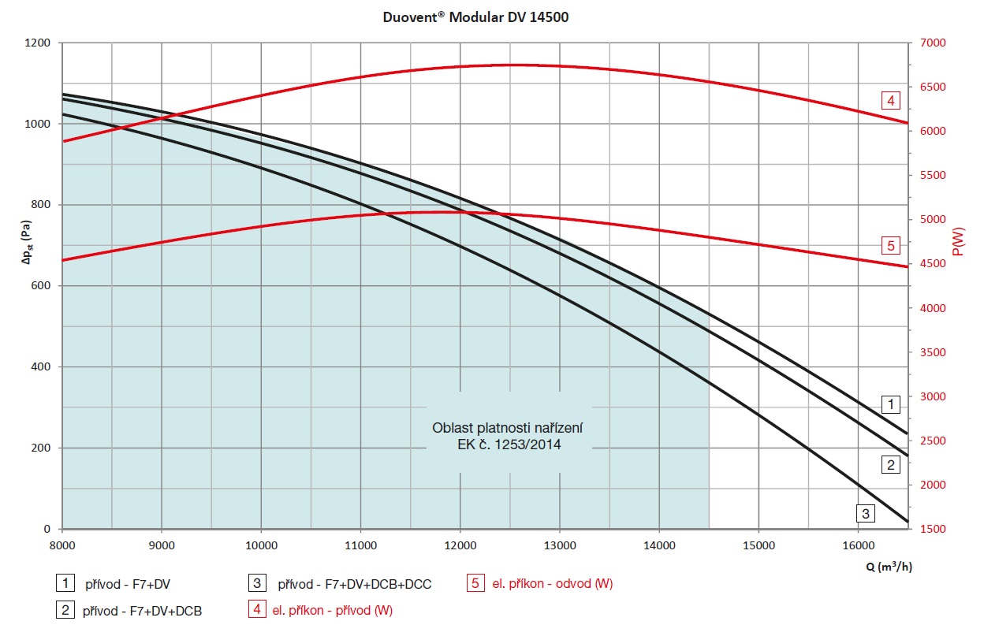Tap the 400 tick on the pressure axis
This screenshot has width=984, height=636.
tap(43, 367)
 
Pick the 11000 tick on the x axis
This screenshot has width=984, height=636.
tap(360, 544)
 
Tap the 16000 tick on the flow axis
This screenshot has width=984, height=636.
tap(858, 544)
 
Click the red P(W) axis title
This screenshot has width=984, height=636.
tap(958, 241)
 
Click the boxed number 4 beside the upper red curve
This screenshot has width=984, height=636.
tap(890, 100)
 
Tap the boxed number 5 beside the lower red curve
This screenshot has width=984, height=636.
tap(890, 246)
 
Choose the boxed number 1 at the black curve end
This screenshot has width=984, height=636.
tap(890, 405)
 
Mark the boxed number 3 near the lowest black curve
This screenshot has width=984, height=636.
tap(866, 514)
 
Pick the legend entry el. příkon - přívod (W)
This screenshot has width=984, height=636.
tap(332, 610)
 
